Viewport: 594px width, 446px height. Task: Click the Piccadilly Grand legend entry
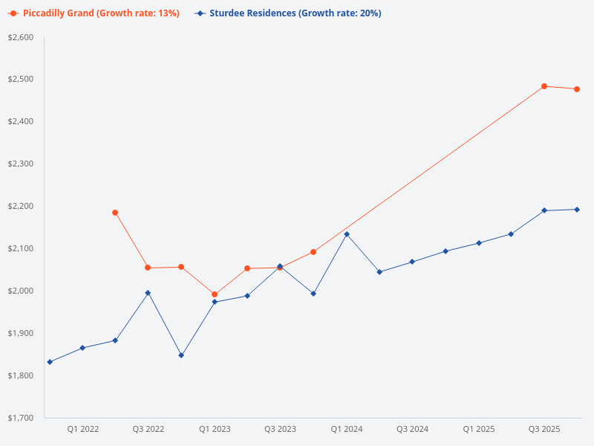tap(95, 13)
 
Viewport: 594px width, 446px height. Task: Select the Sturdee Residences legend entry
tap(290, 13)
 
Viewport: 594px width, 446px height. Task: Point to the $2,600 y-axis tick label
tap(21, 37)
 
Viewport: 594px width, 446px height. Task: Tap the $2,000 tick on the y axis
tap(21, 291)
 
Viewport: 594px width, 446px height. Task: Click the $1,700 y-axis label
tap(21, 418)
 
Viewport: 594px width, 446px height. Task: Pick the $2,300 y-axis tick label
tap(21, 164)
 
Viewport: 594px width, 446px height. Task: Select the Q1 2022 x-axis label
tap(82, 429)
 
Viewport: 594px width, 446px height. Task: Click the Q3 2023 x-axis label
tap(280, 429)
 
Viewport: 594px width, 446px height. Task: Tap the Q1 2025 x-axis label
tap(478, 429)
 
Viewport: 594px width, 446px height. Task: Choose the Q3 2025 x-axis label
tap(544, 429)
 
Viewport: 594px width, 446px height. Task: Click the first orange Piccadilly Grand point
tap(115, 213)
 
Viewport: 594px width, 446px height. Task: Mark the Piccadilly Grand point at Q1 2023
tap(215, 294)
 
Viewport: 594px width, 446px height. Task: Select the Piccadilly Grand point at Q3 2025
tap(544, 86)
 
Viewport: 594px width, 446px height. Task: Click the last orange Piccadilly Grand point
tap(577, 89)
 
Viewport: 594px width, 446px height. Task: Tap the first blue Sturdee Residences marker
tap(50, 362)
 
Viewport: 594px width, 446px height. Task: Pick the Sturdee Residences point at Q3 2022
tap(148, 293)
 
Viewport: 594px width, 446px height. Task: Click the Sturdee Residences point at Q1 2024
tap(347, 234)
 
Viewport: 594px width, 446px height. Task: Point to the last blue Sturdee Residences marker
tap(577, 210)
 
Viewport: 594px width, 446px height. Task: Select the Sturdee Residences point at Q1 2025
tap(478, 243)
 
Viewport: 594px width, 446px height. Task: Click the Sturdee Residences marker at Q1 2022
tap(82, 348)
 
